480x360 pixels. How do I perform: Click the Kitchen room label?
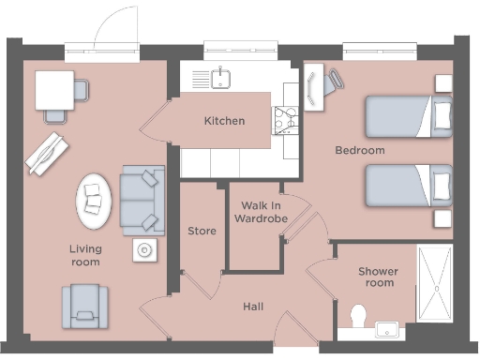(x=225, y=121)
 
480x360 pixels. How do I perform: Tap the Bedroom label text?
(x=360, y=150)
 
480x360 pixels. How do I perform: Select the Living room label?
(x=84, y=255)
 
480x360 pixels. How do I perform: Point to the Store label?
(x=202, y=231)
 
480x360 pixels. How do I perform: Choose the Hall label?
(x=253, y=307)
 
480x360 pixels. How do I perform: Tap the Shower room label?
(x=378, y=277)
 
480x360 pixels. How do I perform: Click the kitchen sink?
(x=222, y=76)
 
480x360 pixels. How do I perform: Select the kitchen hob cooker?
(x=284, y=118)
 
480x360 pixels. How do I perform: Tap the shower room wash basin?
(x=387, y=328)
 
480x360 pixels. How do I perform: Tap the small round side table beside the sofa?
(x=143, y=249)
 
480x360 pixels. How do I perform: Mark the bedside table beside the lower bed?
(x=442, y=218)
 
